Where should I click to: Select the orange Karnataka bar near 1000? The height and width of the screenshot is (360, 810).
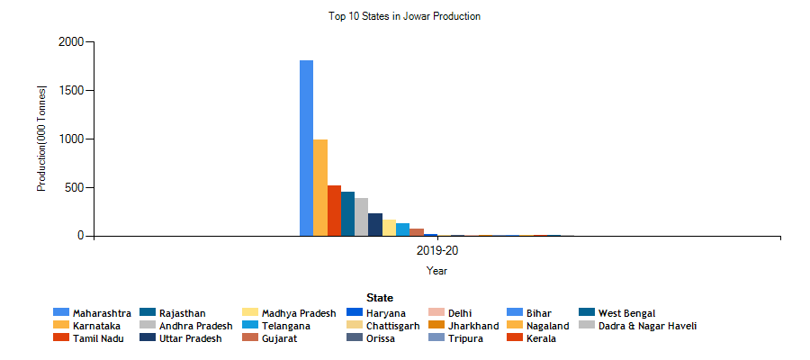pos(320,188)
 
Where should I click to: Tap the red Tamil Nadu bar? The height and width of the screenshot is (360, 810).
pos(334,211)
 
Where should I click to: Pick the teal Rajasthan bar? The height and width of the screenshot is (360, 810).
pos(347,214)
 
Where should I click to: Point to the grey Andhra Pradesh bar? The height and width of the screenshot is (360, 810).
pos(361,217)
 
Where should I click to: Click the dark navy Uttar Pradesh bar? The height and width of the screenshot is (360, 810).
pos(375,225)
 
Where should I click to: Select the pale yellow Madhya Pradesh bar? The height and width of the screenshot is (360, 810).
pos(389,228)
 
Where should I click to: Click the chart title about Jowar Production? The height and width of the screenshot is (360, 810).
pos(404,16)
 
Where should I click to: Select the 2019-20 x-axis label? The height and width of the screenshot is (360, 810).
pos(436,250)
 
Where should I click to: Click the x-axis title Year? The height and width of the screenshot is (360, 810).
pos(436,270)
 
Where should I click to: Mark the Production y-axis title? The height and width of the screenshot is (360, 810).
pos(41,139)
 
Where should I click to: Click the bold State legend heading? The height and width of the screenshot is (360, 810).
pos(379,297)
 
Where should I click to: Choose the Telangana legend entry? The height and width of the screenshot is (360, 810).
pos(286,326)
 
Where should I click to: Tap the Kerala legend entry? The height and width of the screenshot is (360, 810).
pos(541,338)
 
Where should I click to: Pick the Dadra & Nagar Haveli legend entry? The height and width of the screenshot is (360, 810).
pos(647,326)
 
